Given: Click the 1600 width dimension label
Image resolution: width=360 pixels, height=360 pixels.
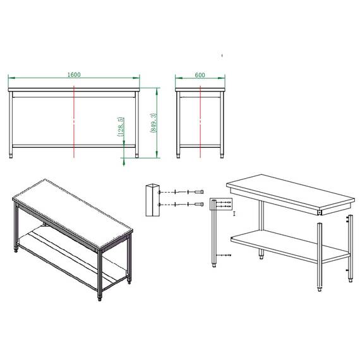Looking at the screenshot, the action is click(x=74, y=75).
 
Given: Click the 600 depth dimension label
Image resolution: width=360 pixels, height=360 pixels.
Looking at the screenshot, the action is click(x=200, y=75).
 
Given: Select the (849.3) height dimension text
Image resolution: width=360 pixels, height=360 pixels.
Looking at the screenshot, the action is click(x=153, y=123).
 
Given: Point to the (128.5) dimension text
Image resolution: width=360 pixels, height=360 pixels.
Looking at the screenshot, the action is click(x=121, y=127).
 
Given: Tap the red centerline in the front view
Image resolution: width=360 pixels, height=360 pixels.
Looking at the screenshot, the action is click(x=74, y=122).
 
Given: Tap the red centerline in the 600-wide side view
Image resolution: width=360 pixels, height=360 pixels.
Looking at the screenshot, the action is click(x=200, y=122).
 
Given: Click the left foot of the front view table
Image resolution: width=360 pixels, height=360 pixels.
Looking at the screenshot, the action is click(x=11, y=155).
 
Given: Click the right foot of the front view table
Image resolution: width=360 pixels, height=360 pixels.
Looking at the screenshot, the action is click(x=137, y=155).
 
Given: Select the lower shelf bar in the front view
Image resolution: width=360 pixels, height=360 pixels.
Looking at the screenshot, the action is click(x=74, y=146).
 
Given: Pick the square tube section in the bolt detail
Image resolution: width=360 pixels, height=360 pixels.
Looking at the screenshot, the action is click(x=152, y=200).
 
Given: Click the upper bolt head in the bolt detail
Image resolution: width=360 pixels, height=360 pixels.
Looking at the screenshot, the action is click(x=199, y=192).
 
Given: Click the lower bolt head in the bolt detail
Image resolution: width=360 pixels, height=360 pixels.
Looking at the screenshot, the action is click(x=199, y=204).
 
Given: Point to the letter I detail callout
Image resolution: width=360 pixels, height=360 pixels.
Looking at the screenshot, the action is click(x=234, y=213).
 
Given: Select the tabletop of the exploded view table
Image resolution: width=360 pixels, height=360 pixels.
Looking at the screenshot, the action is click(x=291, y=191).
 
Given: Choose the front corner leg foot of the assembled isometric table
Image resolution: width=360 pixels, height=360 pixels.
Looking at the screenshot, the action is click(x=100, y=298).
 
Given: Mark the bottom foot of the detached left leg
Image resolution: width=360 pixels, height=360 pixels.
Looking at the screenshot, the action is click(x=214, y=265).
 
